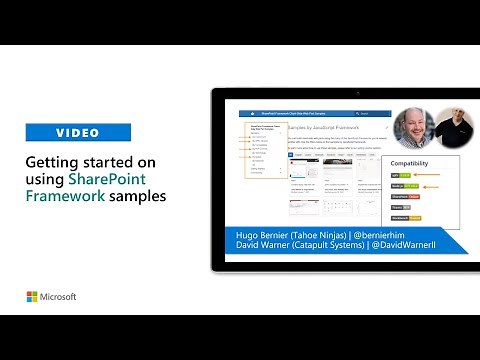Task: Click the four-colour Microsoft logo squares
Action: coord(32,297)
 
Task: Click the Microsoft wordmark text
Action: coord(59,297)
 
